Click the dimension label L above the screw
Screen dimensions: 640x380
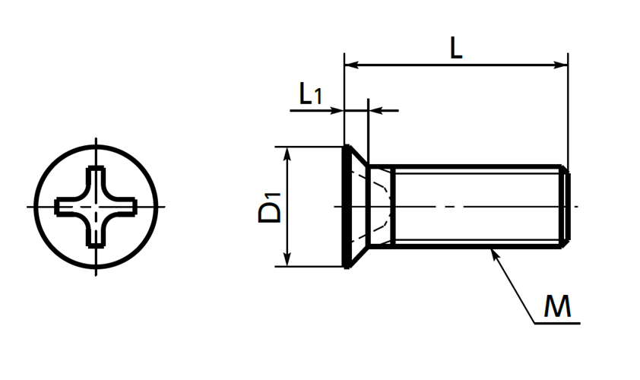456,48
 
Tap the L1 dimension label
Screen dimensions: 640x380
311,93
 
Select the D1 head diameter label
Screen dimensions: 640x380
270,207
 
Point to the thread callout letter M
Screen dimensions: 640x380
557,306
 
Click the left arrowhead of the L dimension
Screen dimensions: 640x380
351,65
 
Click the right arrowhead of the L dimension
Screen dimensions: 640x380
561,65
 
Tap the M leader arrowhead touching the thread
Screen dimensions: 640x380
495,254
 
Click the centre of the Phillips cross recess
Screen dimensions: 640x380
96,207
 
